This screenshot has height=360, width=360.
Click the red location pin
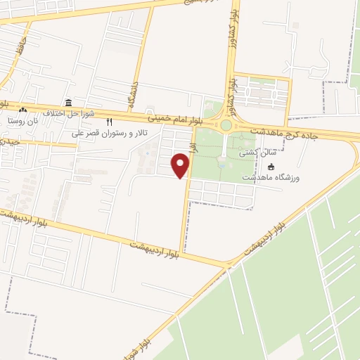point(181,166)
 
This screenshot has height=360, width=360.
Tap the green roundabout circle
point(226,126)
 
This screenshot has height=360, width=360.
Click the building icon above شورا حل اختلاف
point(68,103)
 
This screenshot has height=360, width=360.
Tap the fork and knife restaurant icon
point(109,122)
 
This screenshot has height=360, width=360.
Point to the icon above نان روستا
point(23,110)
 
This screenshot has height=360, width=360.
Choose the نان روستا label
point(22,120)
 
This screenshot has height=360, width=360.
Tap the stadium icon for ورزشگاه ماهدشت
point(271,167)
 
